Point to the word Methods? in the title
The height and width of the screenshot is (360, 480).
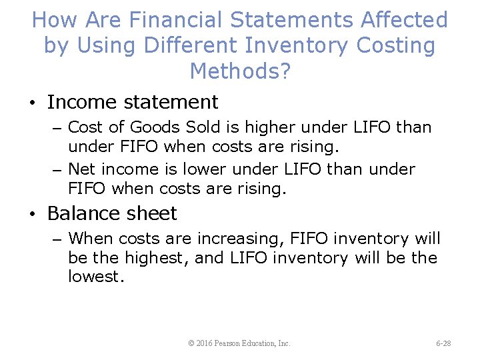tap(240, 70)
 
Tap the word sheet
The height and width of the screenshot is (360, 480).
tap(155, 213)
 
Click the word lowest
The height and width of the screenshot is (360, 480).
tap(96, 277)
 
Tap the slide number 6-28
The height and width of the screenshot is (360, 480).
tap(443, 343)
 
